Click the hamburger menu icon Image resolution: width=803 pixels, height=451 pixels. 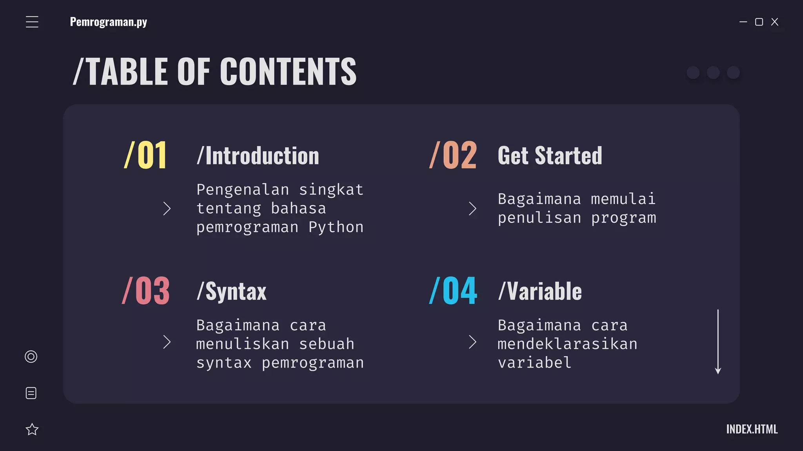[x=32, y=22]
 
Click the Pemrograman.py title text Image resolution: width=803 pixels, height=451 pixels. [x=108, y=22]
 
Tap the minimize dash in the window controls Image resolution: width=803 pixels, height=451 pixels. [x=743, y=22]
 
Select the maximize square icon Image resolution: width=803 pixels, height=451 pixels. [x=759, y=22]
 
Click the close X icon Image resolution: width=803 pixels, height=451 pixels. [x=775, y=22]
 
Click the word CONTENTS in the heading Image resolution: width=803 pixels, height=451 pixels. [x=288, y=71]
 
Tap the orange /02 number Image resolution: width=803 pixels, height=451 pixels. [x=453, y=155]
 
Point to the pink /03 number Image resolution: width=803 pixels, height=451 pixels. [x=146, y=291]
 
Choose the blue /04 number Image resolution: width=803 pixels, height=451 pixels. [x=453, y=291]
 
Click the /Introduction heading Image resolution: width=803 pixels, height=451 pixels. [x=258, y=155]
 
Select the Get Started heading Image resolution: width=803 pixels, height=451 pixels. [x=550, y=155]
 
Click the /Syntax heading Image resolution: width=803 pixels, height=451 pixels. [x=231, y=291]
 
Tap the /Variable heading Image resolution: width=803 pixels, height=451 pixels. [x=540, y=291]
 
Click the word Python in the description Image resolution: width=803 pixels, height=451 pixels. [x=336, y=227]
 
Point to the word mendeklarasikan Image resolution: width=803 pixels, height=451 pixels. [x=567, y=344]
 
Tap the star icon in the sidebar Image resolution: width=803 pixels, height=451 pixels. [x=32, y=429]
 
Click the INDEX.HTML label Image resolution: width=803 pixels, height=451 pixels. [x=752, y=429]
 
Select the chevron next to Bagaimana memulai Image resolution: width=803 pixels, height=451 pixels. [x=472, y=209]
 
